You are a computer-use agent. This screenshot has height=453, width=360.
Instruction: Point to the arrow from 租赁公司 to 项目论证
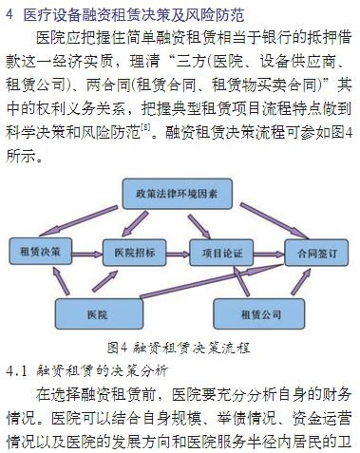[235, 283]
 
